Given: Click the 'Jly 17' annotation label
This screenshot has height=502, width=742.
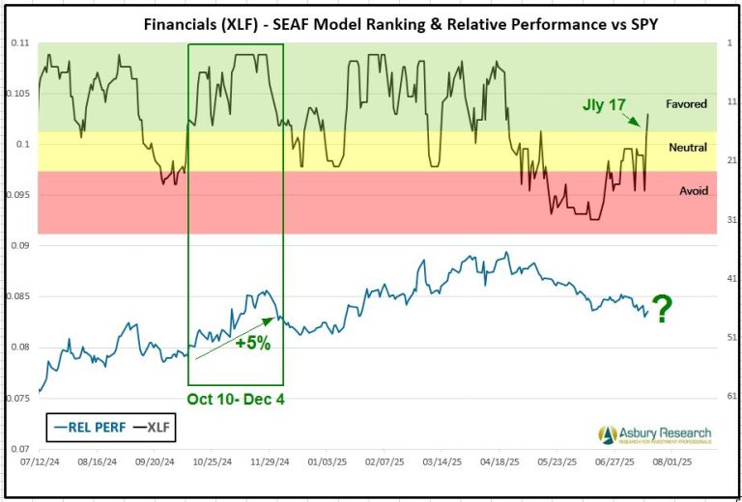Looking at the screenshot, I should point(605,102).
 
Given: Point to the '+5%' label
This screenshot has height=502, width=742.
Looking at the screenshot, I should point(252,342).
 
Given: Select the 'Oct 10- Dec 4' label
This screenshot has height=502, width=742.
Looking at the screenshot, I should point(236,399).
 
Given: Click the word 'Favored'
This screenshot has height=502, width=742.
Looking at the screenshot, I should point(686,103).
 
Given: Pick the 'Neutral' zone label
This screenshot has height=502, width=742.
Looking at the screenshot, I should point(687,148).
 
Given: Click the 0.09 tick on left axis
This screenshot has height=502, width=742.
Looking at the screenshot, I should point(19,246).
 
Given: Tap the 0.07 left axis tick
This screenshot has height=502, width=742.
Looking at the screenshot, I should point(19,449).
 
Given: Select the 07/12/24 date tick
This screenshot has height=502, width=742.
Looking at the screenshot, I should point(38,462).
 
